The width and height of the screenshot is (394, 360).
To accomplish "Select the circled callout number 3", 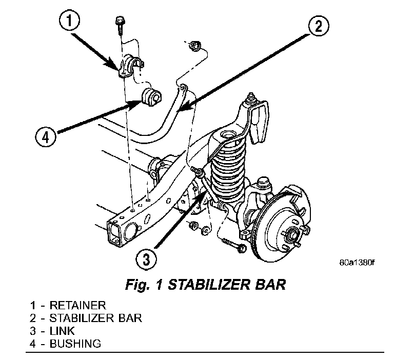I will click(x=146, y=259).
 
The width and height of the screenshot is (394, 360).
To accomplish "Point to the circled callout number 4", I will click(x=46, y=137).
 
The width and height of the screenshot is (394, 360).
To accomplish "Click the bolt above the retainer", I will click(x=119, y=23).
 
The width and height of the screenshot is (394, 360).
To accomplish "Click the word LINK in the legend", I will click(x=62, y=331).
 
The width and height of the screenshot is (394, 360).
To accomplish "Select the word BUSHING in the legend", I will click(x=75, y=343).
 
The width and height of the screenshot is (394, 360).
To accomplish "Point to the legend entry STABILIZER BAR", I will click(x=95, y=318).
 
